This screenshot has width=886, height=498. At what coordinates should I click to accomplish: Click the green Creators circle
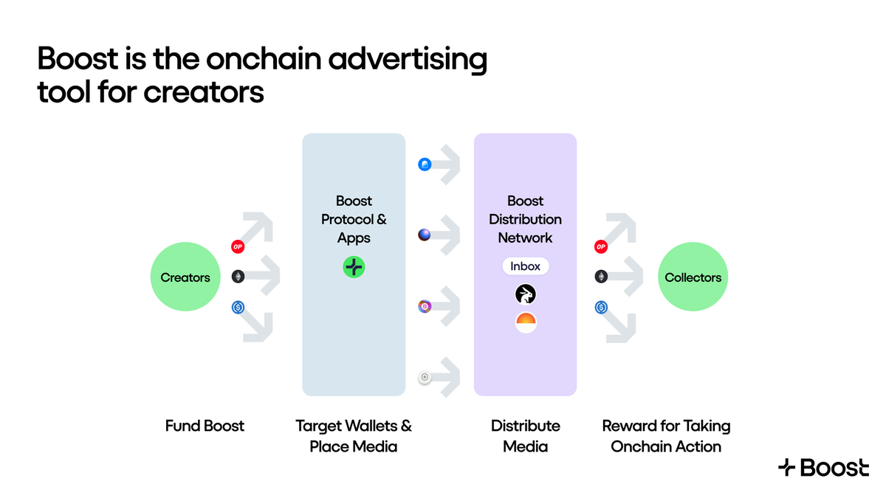pyautogui.click(x=185, y=277)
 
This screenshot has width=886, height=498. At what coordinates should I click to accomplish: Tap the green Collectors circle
pyautogui.click(x=693, y=277)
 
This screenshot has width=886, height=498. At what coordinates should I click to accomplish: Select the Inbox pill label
pyautogui.click(x=526, y=266)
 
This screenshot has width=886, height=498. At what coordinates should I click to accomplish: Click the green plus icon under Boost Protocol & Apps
pyautogui.click(x=354, y=267)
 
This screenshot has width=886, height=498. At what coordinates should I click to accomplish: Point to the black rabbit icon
pyautogui.click(x=526, y=295)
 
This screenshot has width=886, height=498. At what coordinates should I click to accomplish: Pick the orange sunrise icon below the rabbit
pyautogui.click(x=526, y=322)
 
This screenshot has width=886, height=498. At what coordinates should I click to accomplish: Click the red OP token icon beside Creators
pyautogui.click(x=238, y=247)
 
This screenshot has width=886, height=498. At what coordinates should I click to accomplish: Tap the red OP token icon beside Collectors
pyautogui.click(x=601, y=247)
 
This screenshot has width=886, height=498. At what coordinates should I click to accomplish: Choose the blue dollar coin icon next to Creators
pyautogui.click(x=238, y=307)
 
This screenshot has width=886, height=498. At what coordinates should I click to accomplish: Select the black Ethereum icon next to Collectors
pyautogui.click(x=601, y=277)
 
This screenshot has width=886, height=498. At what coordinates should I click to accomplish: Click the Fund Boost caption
pyautogui.click(x=205, y=426)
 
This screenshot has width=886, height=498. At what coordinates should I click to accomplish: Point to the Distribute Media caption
pyautogui.click(x=526, y=436)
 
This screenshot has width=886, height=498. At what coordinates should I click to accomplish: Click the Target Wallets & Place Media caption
pyautogui.click(x=354, y=436)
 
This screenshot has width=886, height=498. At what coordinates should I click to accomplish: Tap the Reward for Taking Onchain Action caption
pyautogui.click(x=666, y=436)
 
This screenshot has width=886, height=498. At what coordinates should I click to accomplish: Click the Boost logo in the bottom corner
pyautogui.click(x=823, y=467)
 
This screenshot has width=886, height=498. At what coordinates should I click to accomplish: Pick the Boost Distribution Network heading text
pyautogui.click(x=526, y=219)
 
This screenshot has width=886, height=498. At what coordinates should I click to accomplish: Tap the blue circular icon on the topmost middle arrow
pyautogui.click(x=425, y=165)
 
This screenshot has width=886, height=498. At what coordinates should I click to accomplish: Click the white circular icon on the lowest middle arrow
pyautogui.click(x=425, y=378)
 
